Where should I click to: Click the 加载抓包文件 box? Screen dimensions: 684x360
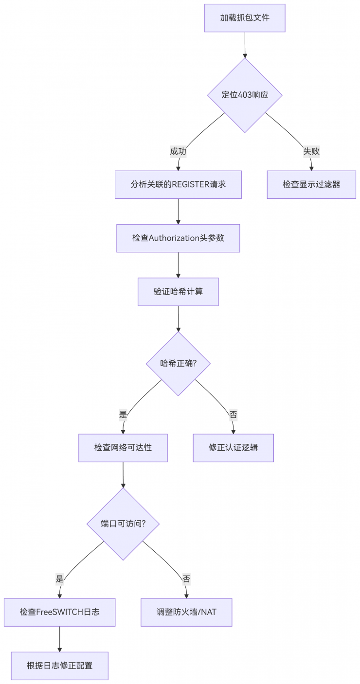pyautogui.click(x=245, y=18)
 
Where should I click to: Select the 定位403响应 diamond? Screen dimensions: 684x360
pyautogui.click(x=245, y=95)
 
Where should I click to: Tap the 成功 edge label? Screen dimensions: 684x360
pyautogui.click(x=178, y=151)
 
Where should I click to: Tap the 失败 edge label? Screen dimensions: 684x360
pyautogui.click(x=311, y=151)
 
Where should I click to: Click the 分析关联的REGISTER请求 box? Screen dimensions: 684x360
pyautogui.click(x=178, y=184)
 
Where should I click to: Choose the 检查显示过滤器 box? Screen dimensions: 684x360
pyautogui.click(x=311, y=184)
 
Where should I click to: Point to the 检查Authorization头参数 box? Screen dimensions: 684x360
pyautogui.click(x=178, y=238)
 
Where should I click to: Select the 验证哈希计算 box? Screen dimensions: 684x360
pyautogui.click(x=178, y=292)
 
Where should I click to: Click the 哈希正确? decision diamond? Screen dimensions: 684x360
pyautogui.click(x=178, y=363)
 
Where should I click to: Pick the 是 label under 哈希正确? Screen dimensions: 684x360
pyautogui.click(x=123, y=414)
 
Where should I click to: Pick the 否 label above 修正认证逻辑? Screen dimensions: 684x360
pyautogui.click(x=234, y=414)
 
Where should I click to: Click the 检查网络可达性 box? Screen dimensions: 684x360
pyautogui.click(x=123, y=447)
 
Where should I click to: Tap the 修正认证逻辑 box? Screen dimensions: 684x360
pyautogui.click(x=234, y=447)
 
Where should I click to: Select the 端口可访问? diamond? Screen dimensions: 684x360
pyautogui.click(x=123, y=524)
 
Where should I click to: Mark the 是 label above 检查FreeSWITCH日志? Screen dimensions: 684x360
pyautogui.click(x=60, y=579)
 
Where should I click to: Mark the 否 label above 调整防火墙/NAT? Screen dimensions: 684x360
pyautogui.click(x=186, y=579)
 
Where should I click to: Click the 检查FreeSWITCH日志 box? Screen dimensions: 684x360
pyautogui.click(x=60, y=612)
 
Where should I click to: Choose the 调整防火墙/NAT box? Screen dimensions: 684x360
pyautogui.click(x=186, y=612)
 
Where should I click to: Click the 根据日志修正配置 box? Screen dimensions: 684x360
pyautogui.click(x=60, y=666)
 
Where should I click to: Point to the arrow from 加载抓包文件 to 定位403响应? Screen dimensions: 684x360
pyautogui.click(x=245, y=45)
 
